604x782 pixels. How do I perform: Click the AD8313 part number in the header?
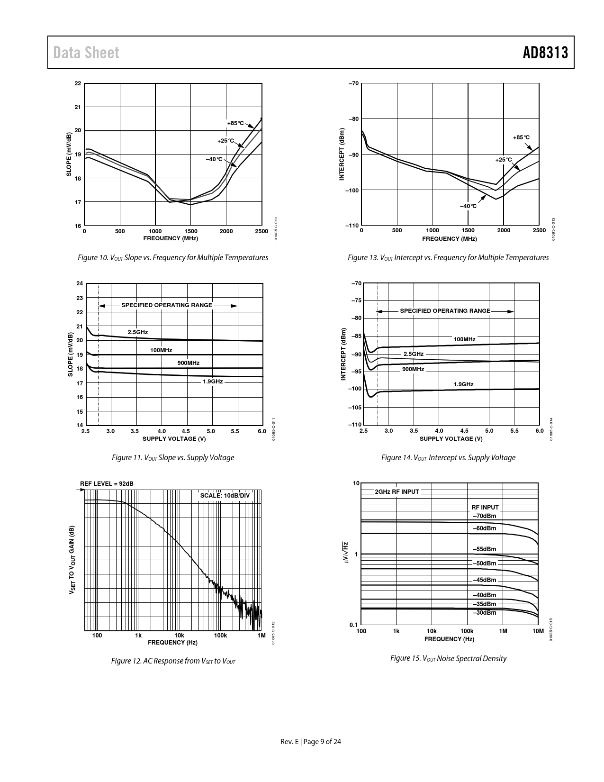point(545,53)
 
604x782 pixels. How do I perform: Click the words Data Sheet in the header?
point(86,53)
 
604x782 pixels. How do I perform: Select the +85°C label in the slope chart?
point(235,123)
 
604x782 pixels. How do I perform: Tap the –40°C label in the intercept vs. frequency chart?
point(468,206)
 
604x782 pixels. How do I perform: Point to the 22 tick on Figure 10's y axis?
point(78,84)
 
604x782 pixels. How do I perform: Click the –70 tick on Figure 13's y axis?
point(353,84)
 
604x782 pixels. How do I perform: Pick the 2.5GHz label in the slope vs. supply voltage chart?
point(137,332)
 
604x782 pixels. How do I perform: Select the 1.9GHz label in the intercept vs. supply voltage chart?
point(463,384)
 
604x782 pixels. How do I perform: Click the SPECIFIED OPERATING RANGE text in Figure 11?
point(167,305)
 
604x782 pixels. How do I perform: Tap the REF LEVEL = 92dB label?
point(107,483)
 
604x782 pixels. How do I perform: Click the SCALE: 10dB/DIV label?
point(225,495)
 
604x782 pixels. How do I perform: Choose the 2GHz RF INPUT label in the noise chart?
point(397,491)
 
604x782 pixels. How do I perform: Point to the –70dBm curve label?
point(484,516)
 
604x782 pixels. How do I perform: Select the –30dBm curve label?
point(484,612)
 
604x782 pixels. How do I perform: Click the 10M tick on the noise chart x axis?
point(538,631)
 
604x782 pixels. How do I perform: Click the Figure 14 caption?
point(448,457)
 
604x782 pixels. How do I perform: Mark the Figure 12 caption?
point(173,661)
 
